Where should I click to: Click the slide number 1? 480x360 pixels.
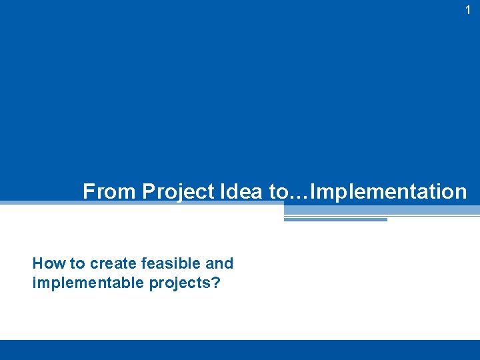(468, 10)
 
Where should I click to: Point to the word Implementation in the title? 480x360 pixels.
(389, 192)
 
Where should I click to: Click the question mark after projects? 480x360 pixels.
(216, 283)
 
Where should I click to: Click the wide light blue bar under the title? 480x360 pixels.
(381, 210)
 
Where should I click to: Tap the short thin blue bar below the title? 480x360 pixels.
(335, 219)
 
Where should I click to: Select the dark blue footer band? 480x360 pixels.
(240, 350)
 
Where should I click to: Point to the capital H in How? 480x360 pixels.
(37, 263)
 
